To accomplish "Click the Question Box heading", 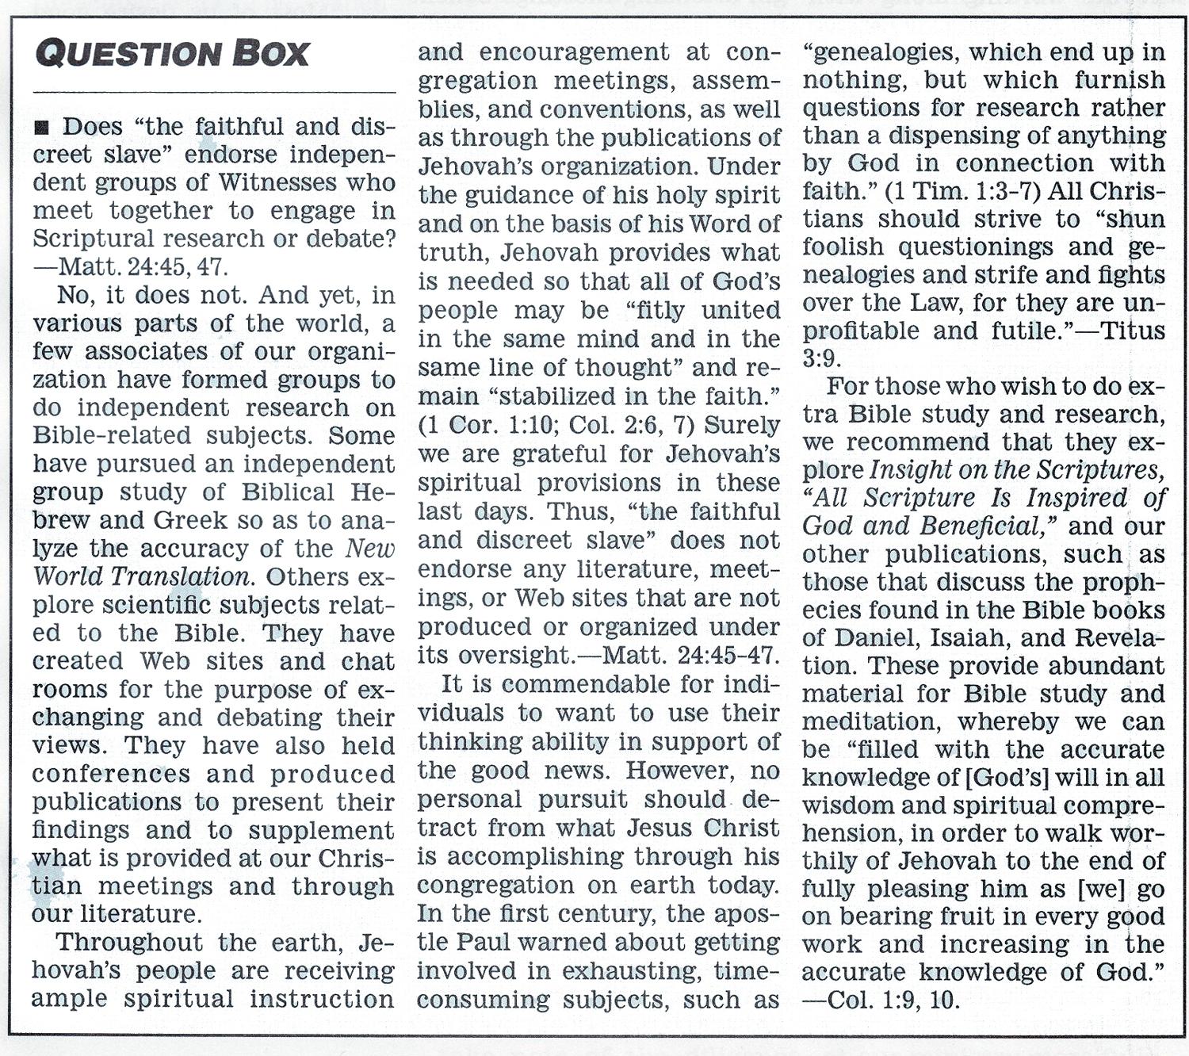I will (x=172, y=54).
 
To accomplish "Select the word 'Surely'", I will (x=742, y=425).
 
